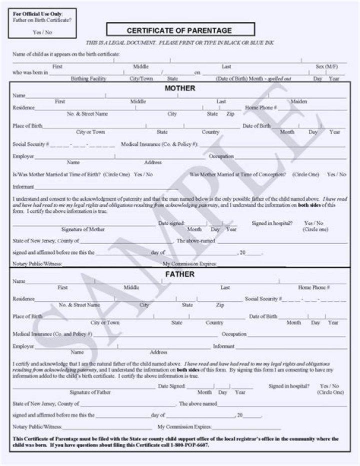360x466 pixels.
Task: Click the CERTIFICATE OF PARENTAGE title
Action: pos(179,31)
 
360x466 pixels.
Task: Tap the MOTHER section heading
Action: pos(180,89)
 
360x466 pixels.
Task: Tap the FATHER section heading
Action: pos(180,274)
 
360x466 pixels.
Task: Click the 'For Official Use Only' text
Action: pos(38,14)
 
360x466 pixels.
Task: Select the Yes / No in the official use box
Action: pos(42,32)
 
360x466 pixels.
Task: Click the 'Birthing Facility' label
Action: pos(88,79)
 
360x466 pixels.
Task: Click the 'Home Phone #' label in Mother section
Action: pos(260,108)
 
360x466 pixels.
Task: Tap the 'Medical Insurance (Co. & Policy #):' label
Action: pos(159,144)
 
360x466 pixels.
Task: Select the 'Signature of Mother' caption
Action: pos(83,229)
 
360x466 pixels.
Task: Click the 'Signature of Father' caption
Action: pos(90,392)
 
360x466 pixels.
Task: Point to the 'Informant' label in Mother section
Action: pos(23,187)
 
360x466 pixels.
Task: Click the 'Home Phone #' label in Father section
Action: pos(313,288)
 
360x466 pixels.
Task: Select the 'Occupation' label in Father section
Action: pos(234,334)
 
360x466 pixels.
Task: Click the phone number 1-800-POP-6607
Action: pos(188,445)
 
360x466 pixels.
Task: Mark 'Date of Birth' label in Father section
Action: pos(263,316)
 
